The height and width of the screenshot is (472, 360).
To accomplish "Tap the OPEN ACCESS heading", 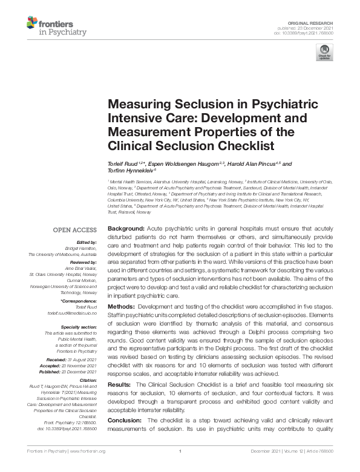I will [75, 230].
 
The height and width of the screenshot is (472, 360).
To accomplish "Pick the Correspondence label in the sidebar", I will [79, 300].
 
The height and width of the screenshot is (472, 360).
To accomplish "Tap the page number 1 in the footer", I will [180, 468].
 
